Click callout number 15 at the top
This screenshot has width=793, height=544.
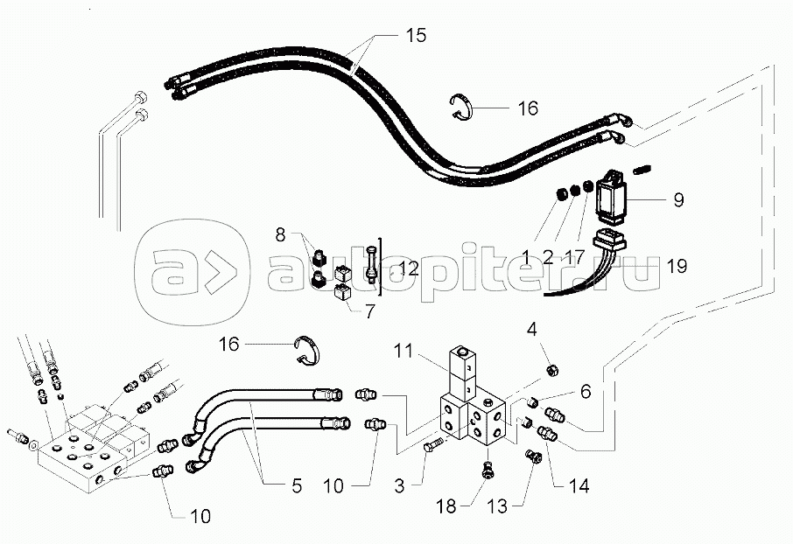pyautogui.click(x=415, y=36)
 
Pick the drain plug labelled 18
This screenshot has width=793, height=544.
pyautogui.click(x=488, y=471)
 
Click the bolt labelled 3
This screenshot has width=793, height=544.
pyautogui.click(x=430, y=447)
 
